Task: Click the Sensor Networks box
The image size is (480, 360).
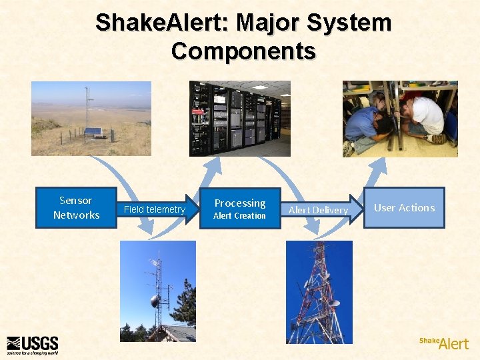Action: coord(75,208)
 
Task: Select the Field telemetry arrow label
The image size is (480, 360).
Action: coord(155,209)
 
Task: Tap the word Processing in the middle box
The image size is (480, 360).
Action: coord(240,203)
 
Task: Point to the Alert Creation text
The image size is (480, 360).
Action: coord(239,216)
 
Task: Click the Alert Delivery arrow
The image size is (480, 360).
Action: coord(318,210)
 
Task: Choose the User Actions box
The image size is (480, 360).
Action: coord(404,208)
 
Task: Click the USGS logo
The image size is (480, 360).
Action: coord(33,344)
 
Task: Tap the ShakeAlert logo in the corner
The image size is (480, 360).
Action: coord(444,343)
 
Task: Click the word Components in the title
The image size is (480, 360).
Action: coord(243,51)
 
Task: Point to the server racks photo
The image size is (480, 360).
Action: coord(240,118)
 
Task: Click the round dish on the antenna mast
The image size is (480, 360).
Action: coord(155,301)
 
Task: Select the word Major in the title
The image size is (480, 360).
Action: coord(257,23)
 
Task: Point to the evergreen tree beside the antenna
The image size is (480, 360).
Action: coord(185,303)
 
